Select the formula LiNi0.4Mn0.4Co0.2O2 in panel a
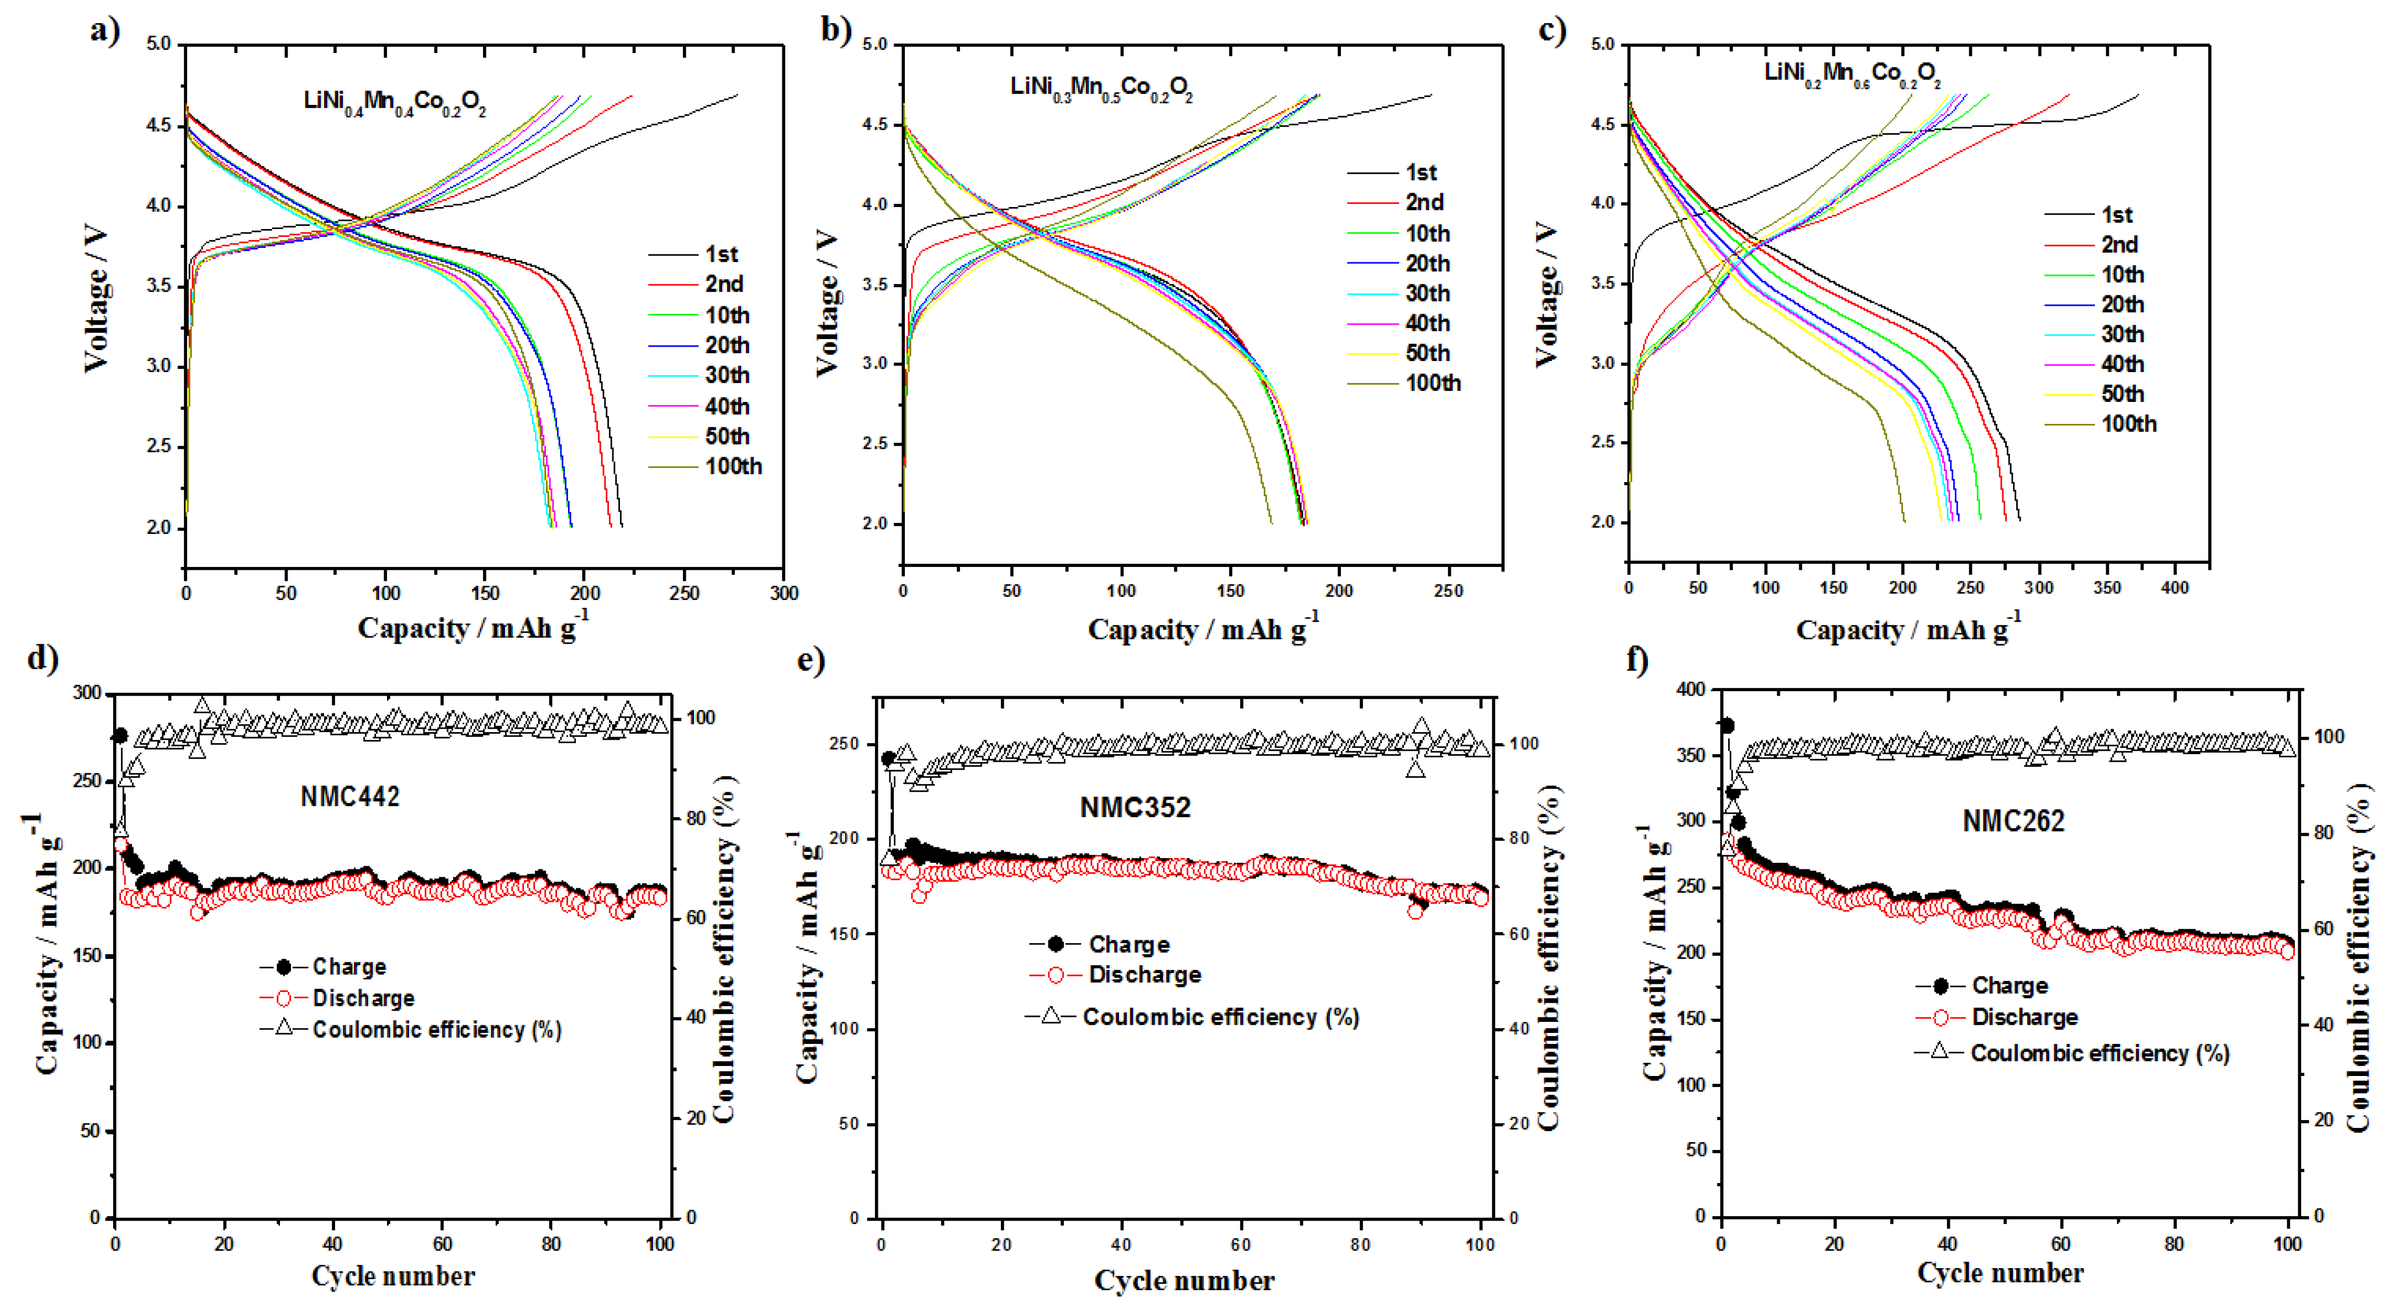[x=395, y=101]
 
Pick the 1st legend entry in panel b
[x=1420, y=173]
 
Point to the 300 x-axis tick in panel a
[x=783, y=593]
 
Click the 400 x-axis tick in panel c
[x=2174, y=587]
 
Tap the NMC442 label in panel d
[x=350, y=796]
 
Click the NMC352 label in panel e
[x=1134, y=808]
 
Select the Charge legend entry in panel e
[x=1128, y=945]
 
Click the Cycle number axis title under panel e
[x=1184, y=1281]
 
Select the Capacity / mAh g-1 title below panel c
[x=1907, y=629]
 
